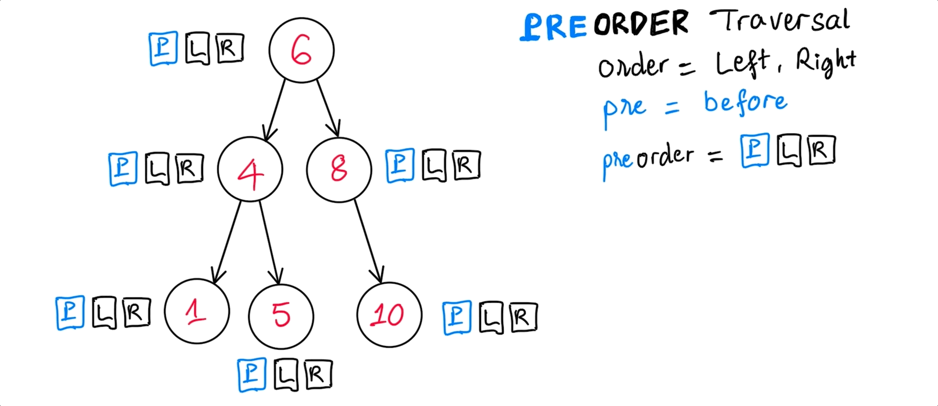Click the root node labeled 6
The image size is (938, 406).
pos(301,50)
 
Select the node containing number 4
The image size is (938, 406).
pos(250,169)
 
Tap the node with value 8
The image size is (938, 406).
pos(339,169)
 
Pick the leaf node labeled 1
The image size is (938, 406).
pos(197,312)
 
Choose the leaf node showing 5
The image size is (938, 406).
pos(281,315)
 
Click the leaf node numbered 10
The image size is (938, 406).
pos(389,315)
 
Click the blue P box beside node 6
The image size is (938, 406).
pos(163,49)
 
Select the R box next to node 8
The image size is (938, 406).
pos(465,166)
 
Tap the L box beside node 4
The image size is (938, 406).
pos(157,169)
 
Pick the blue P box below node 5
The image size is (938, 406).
pos(252,375)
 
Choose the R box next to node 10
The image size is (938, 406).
pos(523,317)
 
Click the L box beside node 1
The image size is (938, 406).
pos(104,313)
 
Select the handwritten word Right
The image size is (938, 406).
pos(826,62)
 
